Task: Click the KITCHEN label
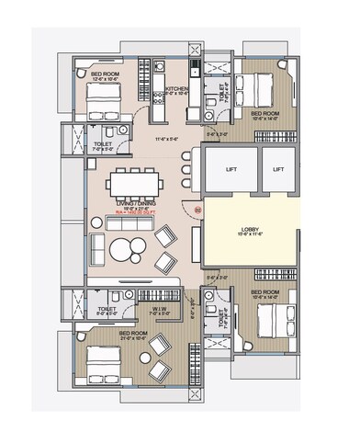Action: tap(176, 88)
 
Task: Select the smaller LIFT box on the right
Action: tap(279, 169)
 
